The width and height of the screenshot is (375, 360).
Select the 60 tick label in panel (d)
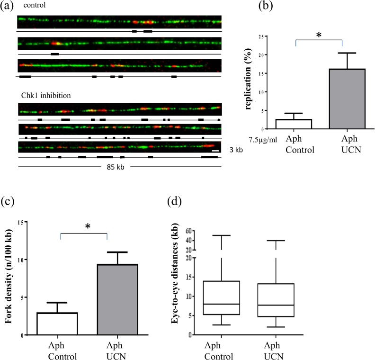(187, 231)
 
